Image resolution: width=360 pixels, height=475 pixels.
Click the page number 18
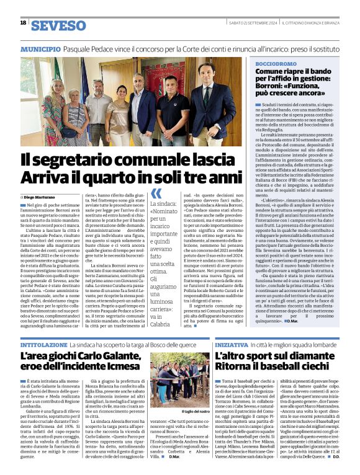point(23,23)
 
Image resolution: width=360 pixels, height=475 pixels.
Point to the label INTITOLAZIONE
point(45,342)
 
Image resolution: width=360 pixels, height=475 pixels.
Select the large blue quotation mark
point(156,194)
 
